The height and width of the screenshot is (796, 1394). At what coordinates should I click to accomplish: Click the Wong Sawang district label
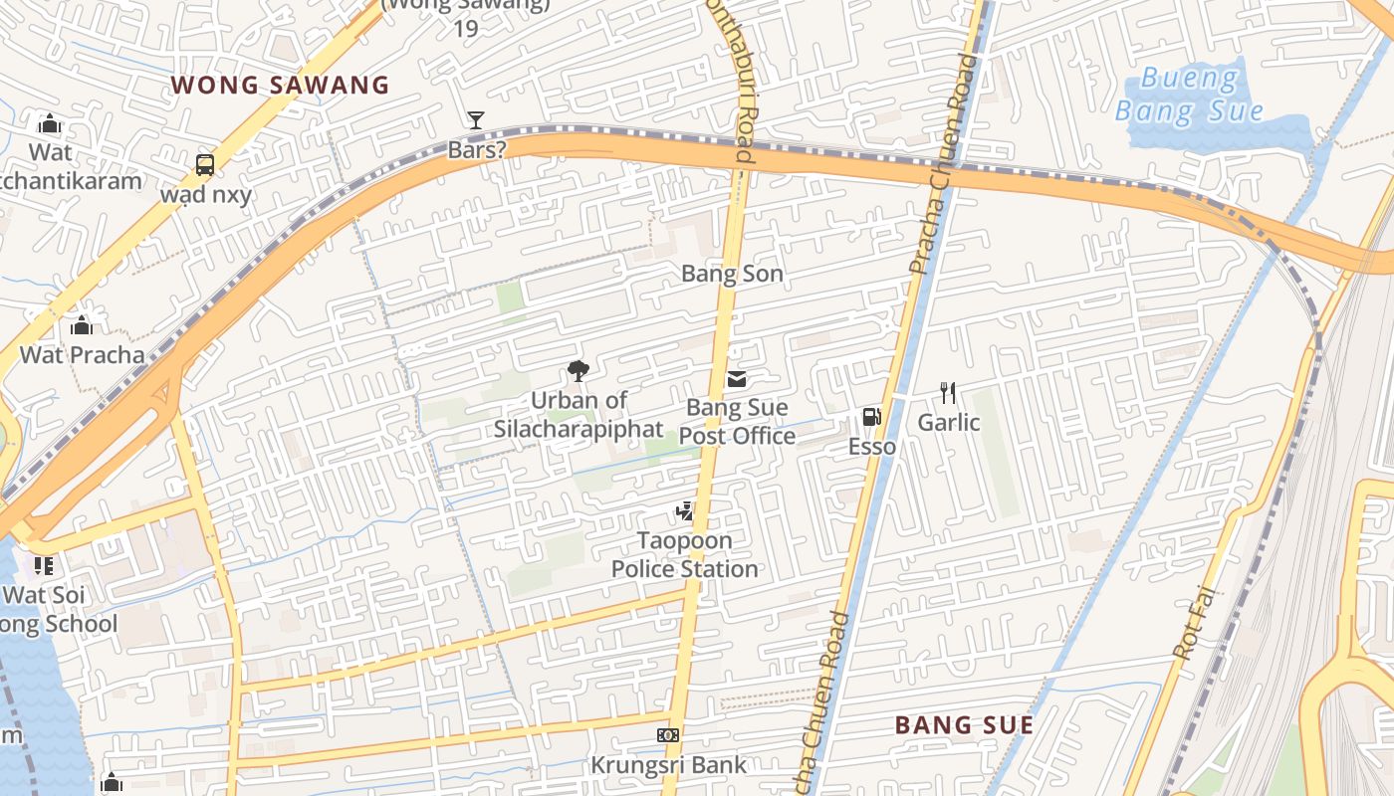click(280, 85)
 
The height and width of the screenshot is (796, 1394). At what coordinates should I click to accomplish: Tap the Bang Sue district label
click(964, 724)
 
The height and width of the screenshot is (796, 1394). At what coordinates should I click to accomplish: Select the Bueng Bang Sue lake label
click(1189, 95)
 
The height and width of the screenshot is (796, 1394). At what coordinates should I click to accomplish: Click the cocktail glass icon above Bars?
click(476, 120)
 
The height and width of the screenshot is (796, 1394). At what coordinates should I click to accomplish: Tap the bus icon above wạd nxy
click(204, 164)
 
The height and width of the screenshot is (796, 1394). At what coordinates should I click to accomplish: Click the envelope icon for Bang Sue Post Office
click(737, 378)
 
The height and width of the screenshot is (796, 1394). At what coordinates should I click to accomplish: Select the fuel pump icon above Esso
click(871, 418)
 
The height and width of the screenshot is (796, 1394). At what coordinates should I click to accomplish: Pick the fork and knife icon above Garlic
click(948, 393)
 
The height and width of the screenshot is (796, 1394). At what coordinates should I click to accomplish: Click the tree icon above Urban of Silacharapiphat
click(578, 372)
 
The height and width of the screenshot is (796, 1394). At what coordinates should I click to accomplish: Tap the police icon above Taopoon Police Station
click(684, 512)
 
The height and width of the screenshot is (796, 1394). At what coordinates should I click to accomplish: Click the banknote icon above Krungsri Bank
click(668, 735)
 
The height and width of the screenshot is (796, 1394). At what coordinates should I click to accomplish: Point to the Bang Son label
click(732, 274)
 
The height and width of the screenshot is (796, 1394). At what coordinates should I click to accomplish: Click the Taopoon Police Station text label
click(685, 555)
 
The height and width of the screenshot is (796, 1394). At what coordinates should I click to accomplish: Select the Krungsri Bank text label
click(668, 765)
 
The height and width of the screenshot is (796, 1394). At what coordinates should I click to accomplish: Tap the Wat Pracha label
click(82, 354)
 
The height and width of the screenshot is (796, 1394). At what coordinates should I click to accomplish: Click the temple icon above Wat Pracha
click(82, 325)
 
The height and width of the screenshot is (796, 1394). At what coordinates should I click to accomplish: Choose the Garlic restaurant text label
click(949, 423)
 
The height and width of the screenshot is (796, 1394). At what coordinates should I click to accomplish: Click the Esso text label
click(872, 447)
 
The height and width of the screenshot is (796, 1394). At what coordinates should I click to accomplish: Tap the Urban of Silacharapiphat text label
click(579, 415)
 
